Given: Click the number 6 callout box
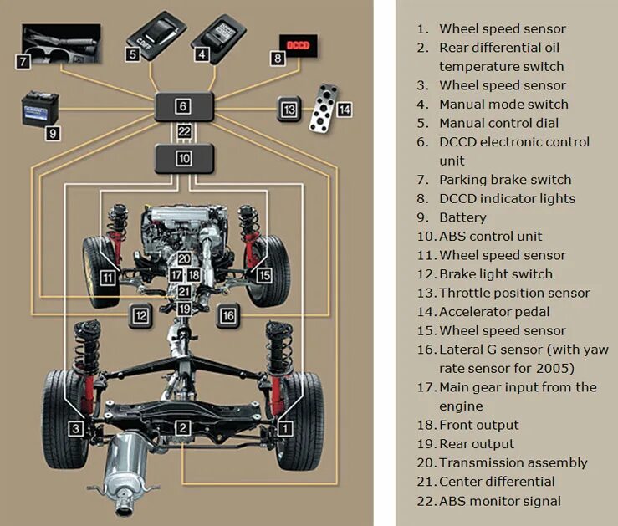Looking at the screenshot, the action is (183, 106).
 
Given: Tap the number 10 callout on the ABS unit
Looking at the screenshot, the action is (184, 157).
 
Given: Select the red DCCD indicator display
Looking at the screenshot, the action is (299, 44).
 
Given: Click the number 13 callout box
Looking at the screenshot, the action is (289, 110).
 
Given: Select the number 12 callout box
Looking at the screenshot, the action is (140, 315).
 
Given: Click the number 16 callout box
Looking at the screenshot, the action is (228, 314).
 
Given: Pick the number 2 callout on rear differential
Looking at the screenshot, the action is (183, 428).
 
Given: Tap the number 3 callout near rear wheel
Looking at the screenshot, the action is (76, 428).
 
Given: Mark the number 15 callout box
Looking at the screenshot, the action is (263, 275).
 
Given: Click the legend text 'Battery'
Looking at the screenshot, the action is (462, 217).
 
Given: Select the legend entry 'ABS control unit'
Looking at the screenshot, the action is (490, 236).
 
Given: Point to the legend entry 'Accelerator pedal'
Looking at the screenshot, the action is (494, 312).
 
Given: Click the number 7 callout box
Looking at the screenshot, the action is (23, 62).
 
